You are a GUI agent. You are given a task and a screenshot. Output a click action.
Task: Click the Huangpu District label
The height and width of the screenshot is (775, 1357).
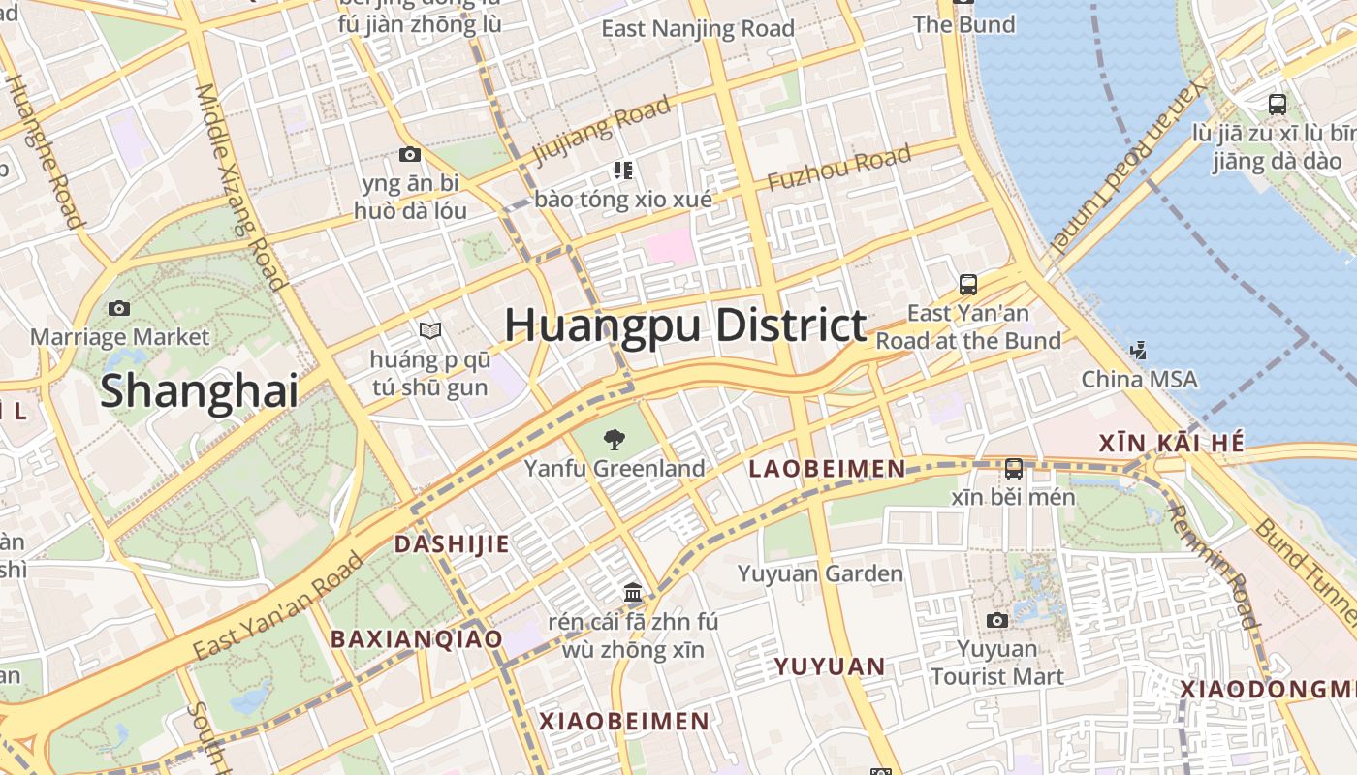pos(684,325)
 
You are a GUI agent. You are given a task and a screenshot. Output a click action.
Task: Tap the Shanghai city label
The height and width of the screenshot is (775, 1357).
pos(199,390)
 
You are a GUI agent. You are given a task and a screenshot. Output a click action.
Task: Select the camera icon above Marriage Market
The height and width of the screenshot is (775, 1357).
pos(119,309)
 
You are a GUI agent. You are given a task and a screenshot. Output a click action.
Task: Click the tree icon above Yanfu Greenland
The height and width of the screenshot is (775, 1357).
pos(614,441)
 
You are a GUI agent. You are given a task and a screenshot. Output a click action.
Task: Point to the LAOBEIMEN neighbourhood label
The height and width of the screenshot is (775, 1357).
pos(827,470)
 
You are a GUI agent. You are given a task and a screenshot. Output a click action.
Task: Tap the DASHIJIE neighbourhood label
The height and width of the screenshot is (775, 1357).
pos(451,543)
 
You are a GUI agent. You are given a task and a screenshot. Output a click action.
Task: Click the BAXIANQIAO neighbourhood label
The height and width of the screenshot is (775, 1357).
pos(417,639)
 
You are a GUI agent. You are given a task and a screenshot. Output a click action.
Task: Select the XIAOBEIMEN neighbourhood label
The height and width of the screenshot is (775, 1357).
pos(624,721)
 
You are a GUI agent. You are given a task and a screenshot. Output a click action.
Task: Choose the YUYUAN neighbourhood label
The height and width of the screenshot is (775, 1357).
pos(829,666)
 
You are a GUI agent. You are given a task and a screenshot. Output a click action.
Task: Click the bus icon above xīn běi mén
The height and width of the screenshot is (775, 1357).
pos(1014,469)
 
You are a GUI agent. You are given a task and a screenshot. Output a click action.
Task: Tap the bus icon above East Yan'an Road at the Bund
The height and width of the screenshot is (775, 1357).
pos(968,285)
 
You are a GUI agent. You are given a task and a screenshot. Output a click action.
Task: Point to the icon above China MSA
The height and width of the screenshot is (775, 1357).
pos(1140,350)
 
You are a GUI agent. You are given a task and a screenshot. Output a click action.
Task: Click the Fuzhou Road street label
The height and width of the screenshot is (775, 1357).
pos(839,169)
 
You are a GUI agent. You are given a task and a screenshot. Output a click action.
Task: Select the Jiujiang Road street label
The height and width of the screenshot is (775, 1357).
pos(601,130)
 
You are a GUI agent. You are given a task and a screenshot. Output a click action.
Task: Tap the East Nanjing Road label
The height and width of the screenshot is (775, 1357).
pos(698,29)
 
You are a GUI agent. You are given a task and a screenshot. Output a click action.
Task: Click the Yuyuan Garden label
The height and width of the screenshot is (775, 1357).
pos(820,573)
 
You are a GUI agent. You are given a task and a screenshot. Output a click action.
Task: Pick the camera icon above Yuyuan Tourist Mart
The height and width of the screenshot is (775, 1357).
pos(996,620)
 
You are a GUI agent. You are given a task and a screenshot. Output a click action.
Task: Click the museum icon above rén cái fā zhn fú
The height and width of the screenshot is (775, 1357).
pos(633,593)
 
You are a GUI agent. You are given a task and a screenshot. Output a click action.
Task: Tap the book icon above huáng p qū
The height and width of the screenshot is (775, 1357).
pos(430,331)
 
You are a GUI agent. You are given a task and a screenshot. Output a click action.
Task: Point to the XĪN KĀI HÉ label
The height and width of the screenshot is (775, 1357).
pos(1171,444)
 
